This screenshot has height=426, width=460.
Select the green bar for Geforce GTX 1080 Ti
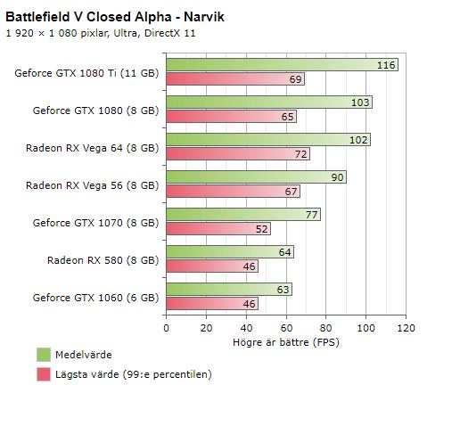267,65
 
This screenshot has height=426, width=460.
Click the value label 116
386,65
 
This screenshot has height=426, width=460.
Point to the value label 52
260,229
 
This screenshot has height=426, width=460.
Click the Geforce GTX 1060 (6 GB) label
95,297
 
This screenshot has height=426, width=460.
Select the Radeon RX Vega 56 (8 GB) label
92,185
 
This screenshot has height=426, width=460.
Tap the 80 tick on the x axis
325,327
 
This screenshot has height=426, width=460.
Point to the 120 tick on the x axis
406,327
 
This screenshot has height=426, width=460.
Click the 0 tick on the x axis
166,327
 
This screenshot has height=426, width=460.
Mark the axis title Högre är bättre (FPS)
285,341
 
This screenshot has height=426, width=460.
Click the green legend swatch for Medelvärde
44,355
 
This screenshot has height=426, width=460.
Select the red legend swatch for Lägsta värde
44,374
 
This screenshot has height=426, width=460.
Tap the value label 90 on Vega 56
337,177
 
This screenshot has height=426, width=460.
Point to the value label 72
300,154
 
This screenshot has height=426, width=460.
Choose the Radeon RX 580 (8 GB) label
103,260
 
